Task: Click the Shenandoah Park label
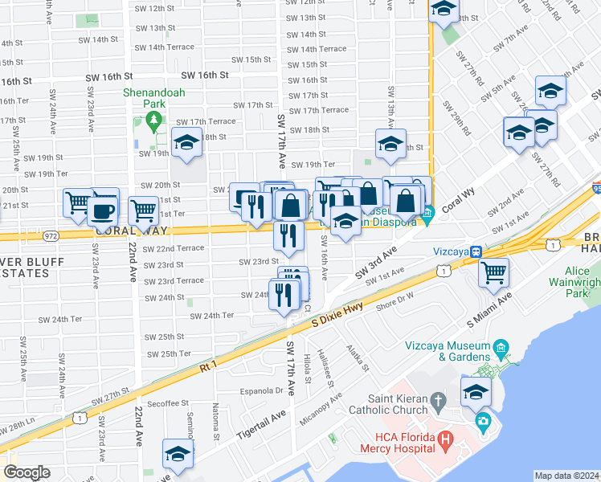point(154,98)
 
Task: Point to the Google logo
point(27,472)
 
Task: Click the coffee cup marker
point(101,211)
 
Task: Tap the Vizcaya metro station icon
point(476,251)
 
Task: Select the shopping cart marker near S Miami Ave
point(493,272)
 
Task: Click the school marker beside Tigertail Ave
point(178,454)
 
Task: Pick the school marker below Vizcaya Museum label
point(476,393)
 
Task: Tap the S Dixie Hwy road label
point(337,311)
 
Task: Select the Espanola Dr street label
point(258,391)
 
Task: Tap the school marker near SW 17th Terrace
point(186,145)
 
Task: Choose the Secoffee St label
point(168,403)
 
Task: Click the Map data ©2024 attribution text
point(567,476)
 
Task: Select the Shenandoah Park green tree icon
point(153,122)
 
